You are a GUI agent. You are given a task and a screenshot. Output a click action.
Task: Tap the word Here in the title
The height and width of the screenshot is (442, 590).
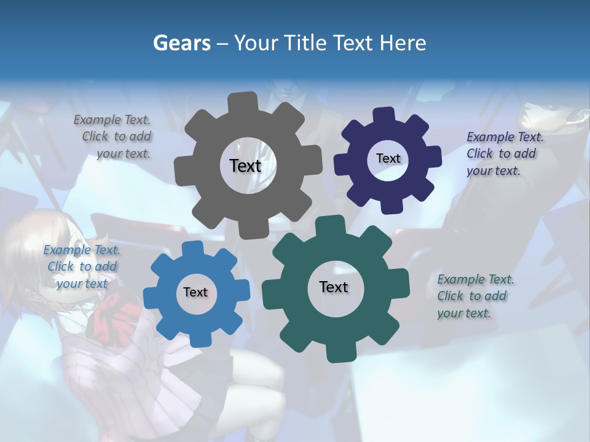pyautogui.click(x=404, y=43)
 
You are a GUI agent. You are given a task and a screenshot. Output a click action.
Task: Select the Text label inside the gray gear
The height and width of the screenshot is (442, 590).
pyautogui.click(x=245, y=166)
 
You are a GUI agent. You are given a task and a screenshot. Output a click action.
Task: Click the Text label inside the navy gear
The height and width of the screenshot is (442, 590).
pyautogui.click(x=388, y=158)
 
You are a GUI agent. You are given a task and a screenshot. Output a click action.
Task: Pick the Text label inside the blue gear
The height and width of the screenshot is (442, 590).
pyautogui.click(x=195, y=293)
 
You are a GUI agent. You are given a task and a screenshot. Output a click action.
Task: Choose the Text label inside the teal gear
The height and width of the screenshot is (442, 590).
pyautogui.click(x=334, y=287)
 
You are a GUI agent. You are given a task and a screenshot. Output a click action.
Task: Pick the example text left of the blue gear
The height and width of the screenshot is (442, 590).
pyautogui.click(x=82, y=266)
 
